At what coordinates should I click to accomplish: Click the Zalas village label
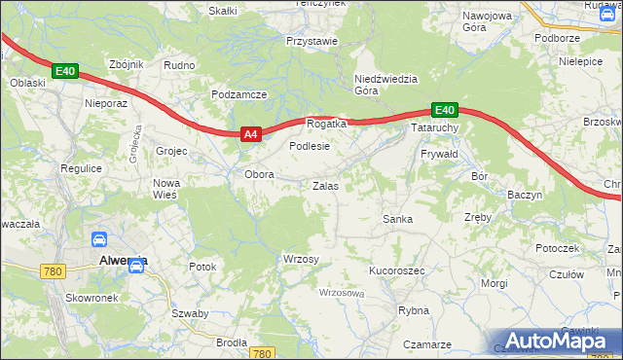pyautogui.click(x=325, y=185)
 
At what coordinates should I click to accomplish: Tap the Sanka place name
pyautogui.click(x=397, y=219)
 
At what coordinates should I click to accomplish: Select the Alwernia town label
pyautogui.click(x=124, y=261)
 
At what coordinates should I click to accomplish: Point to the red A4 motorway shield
pyautogui.click(x=249, y=135)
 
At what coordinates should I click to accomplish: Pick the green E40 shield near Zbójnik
pyautogui.click(x=65, y=72)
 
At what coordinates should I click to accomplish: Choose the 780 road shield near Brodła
pyautogui.click(x=261, y=353)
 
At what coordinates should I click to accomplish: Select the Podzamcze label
pyautogui.click(x=239, y=94)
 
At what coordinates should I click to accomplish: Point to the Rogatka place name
pyautogui.click(x=327, y=125)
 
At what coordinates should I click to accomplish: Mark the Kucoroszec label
pyautogui.click(x=396, y=270)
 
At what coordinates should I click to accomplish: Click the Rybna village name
pyautogui.click(x=414, y=310)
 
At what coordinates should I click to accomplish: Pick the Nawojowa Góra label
pyautogui.click(x=487, y=22)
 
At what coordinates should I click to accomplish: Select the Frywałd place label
pyautogui.click(x=439, y=155)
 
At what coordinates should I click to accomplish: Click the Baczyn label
pyautogui.click(x=525, y=195)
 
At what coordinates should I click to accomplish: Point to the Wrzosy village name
pyautogui.click(x=300, y=259)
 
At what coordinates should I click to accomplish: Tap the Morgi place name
pyautogui.click(x=494, y=283)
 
